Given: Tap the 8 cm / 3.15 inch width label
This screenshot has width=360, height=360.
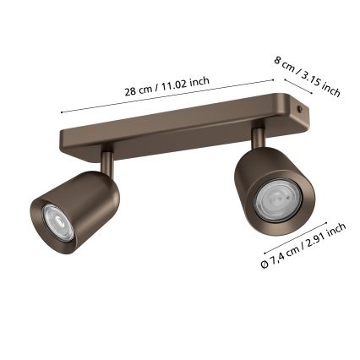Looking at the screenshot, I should coord(307,74).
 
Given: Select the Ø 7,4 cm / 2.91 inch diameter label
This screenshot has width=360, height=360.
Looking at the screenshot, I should coord(303,247).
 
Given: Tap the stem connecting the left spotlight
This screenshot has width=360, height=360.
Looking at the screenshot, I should coord(107,162).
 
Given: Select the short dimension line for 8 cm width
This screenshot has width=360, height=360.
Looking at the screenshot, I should coord(298,86).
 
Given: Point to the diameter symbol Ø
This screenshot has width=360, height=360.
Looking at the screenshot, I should coord(265,264).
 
